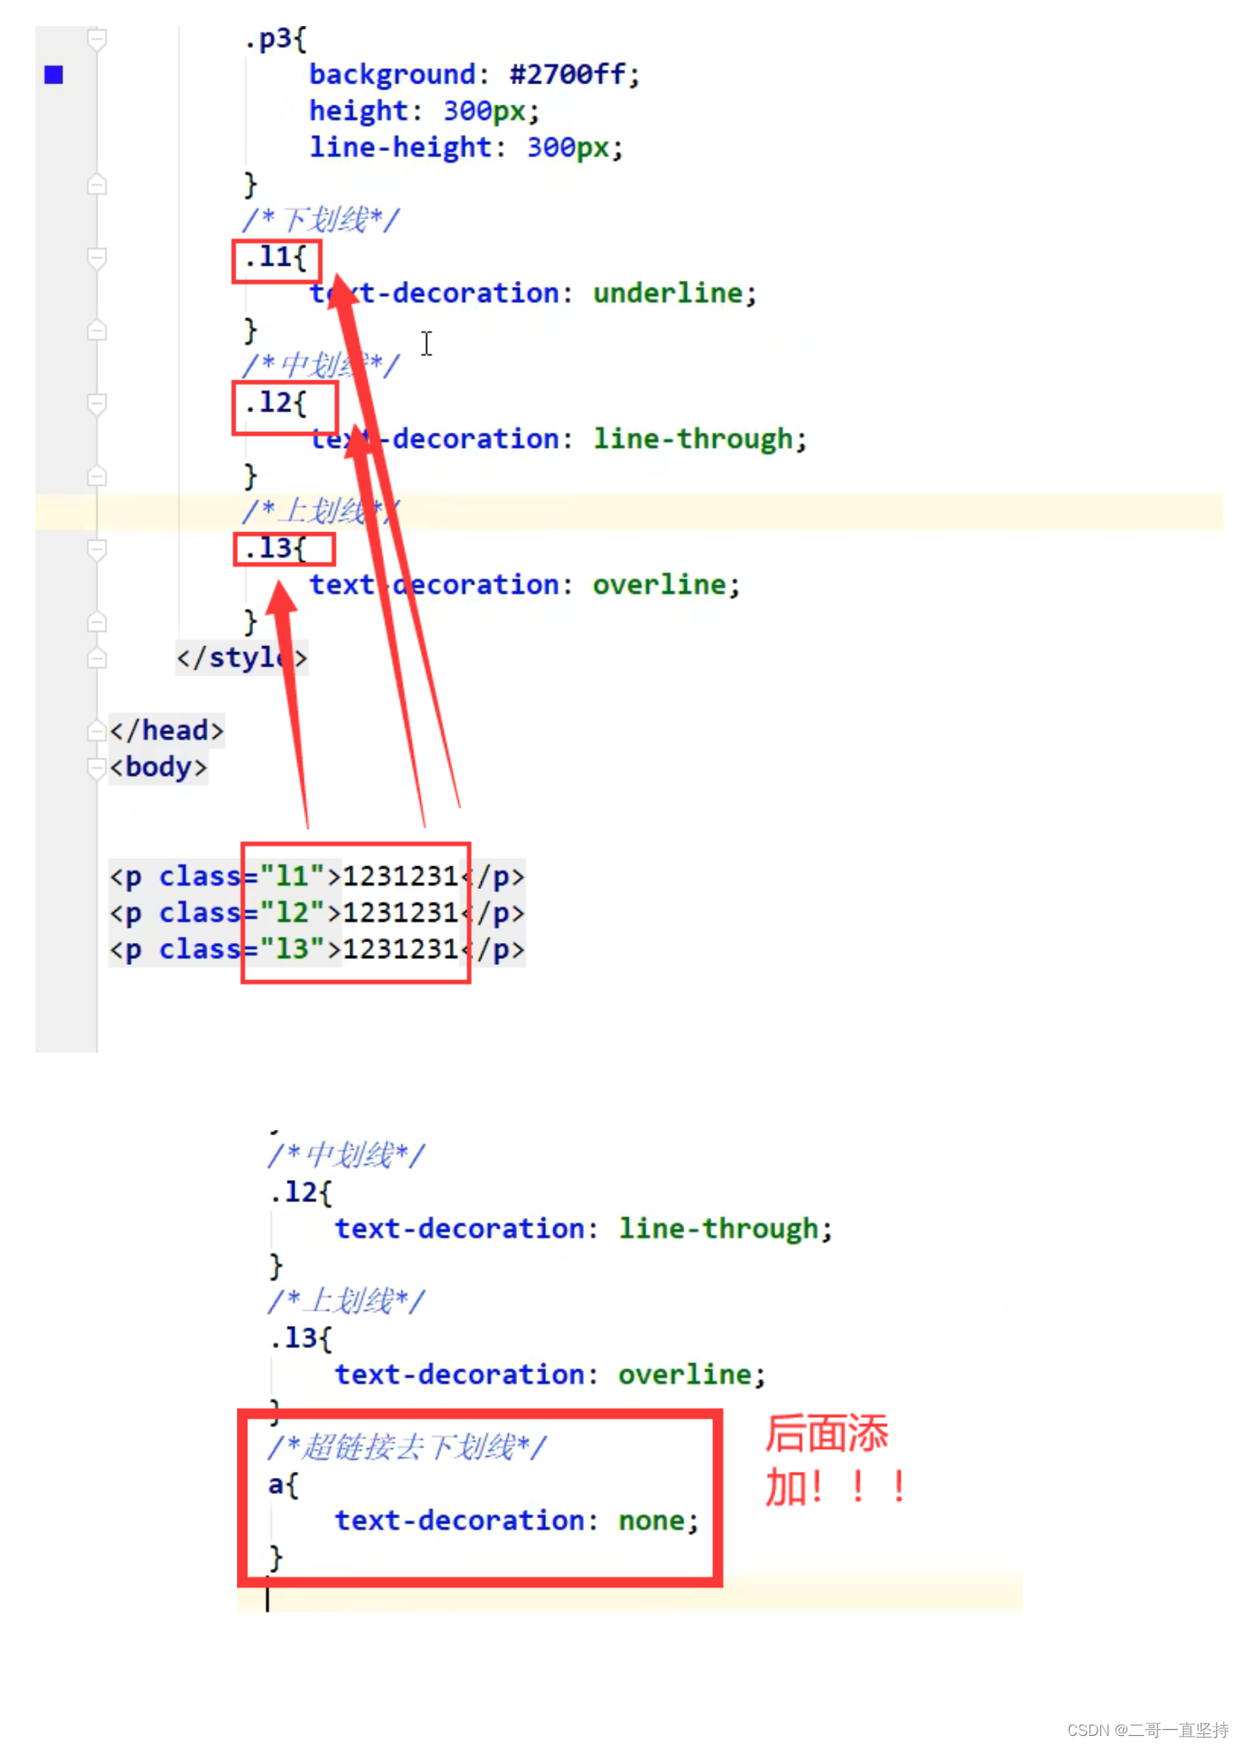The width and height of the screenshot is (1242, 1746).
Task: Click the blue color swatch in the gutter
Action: (54, 75)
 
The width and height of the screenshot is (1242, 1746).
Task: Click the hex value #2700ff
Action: (568, 75)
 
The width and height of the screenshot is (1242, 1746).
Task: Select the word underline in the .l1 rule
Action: (667, 294)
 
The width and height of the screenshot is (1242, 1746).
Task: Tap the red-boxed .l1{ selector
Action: (276, 259)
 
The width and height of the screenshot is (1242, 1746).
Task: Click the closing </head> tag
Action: (167, 730)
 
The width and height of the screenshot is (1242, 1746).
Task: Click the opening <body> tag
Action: (159, 768)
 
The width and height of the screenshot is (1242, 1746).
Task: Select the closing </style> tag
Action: (241, 658)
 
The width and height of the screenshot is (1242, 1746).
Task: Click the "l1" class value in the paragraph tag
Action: (292, 876)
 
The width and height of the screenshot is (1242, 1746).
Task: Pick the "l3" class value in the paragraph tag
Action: (292, 950)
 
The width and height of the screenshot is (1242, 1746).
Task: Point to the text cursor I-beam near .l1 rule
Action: (427, 343)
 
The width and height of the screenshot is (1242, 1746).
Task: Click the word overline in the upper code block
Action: (659, 585)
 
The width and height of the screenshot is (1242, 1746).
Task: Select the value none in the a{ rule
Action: (652, 1521)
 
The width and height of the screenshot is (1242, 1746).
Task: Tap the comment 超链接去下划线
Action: (407, 1447)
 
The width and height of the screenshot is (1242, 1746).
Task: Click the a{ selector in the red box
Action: (283, 1485)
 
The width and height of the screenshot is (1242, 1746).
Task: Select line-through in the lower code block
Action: (718, 1229)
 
